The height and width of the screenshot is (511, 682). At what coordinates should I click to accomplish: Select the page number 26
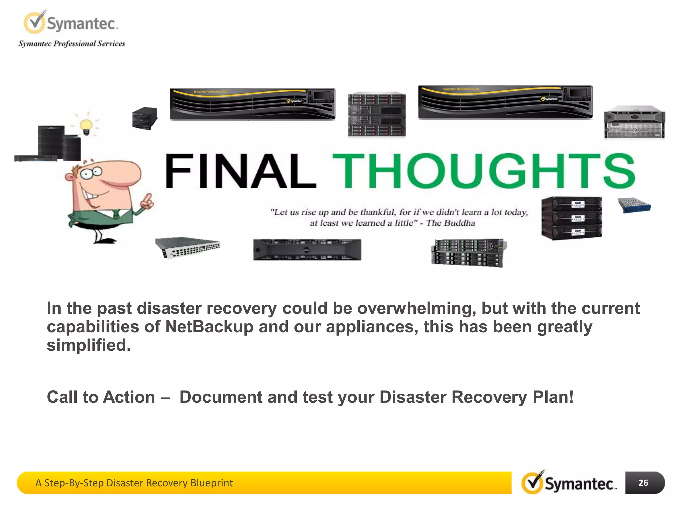click(x=643, y=483)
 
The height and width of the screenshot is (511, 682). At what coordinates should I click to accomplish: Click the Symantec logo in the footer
click(x=569, y=483)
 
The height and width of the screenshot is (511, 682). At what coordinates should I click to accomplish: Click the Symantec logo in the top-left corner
click(x=70, y=23)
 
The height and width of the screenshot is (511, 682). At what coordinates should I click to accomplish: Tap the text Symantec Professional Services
click(x=72, y=44)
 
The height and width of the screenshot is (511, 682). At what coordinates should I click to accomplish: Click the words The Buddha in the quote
click(x=450, y=223)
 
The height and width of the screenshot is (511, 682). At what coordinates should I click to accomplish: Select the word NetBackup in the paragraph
click(x=209, y=327)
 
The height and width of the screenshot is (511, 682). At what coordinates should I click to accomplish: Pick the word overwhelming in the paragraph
click(x=414, y=308)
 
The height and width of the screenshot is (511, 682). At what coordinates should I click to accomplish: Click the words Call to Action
click(x=101, y=397)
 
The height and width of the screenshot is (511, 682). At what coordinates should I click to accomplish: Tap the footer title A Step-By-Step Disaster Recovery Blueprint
click(x=134, y=483)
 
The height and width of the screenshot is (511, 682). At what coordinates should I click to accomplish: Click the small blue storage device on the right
click(x=634, y=205)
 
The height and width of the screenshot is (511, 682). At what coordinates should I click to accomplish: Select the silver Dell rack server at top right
click(x=634, y=122)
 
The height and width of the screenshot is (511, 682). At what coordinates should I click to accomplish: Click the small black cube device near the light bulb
click(x=144, y=118)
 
